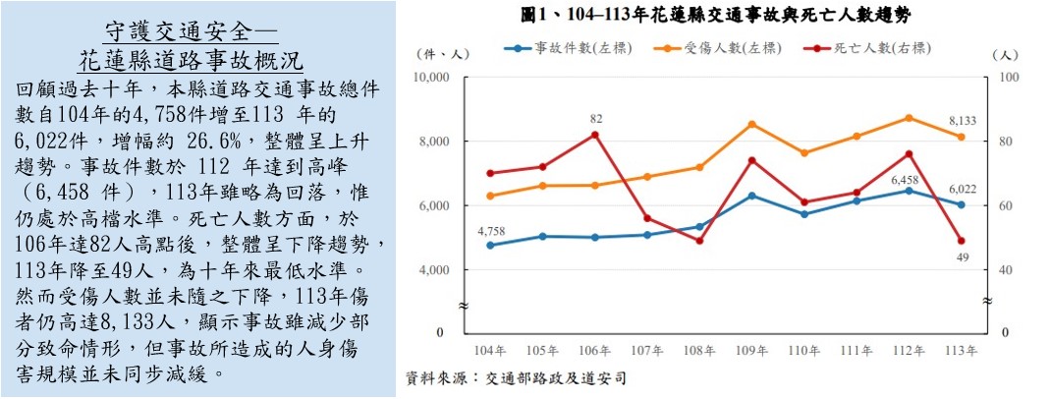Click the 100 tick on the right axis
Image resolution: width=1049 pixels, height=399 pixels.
[1007, 77]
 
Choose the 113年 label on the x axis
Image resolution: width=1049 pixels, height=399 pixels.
[961, 351]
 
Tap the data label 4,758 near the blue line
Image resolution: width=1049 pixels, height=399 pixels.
[490, 231]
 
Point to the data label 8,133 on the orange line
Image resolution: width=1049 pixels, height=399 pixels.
[963, 120]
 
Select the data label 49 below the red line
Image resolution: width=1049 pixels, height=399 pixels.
[962, 257]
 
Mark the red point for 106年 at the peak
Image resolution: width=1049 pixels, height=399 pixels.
[594, 135]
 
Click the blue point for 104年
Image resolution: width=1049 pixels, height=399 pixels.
[490, 245]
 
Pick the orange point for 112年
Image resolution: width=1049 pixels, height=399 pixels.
[909, 118]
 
